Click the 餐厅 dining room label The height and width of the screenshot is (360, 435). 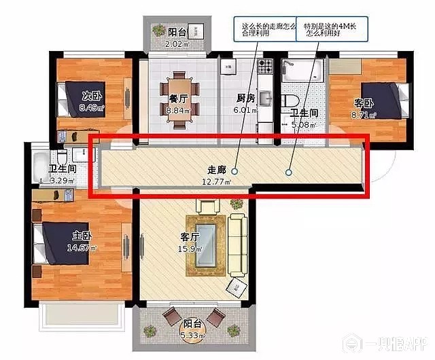[x=178, y=97]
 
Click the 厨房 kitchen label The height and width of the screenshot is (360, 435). [x=246, y=97]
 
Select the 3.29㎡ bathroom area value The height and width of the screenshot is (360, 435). [x=63, y=180]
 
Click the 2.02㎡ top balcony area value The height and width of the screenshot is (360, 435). [x=178, y=43]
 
